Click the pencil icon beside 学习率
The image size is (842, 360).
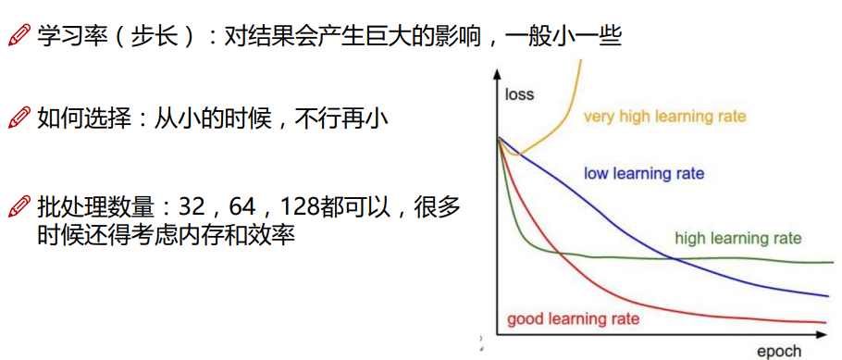19,36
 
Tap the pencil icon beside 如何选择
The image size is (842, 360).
19,118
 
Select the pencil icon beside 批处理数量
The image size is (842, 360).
19,207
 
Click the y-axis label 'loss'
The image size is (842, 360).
519,95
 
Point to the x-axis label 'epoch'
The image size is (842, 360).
779,352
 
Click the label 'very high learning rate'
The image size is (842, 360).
664,117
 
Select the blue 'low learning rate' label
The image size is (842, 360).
643,174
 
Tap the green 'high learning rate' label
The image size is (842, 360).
737,238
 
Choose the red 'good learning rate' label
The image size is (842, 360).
573,319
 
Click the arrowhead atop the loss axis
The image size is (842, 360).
497,74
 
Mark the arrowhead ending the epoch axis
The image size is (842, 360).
822,335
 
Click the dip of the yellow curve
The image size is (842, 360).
516,155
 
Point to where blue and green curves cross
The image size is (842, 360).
674,259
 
